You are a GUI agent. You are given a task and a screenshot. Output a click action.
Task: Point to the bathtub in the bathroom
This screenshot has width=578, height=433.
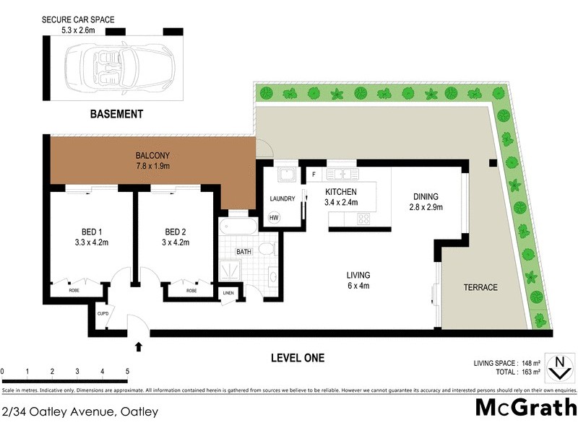(237, 227)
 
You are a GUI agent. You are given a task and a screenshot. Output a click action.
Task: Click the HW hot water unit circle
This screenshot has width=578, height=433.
(274, 217)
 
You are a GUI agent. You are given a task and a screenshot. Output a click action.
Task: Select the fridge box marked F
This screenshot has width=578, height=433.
(314, 175)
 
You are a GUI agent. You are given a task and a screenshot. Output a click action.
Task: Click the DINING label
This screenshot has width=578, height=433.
(426, 201)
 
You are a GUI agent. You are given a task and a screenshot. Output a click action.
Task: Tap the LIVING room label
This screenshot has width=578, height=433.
(358, 280)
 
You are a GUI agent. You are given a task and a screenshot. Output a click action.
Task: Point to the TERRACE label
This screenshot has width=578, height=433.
(480, 287)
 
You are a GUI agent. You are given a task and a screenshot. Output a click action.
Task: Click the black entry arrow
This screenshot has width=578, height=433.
(139, 347)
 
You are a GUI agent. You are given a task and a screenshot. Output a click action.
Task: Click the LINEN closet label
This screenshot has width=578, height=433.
(228, 292)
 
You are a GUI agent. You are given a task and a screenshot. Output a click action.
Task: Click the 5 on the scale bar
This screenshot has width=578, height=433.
(127, 372)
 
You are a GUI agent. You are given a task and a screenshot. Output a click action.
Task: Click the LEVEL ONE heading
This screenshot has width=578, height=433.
(297, 357)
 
